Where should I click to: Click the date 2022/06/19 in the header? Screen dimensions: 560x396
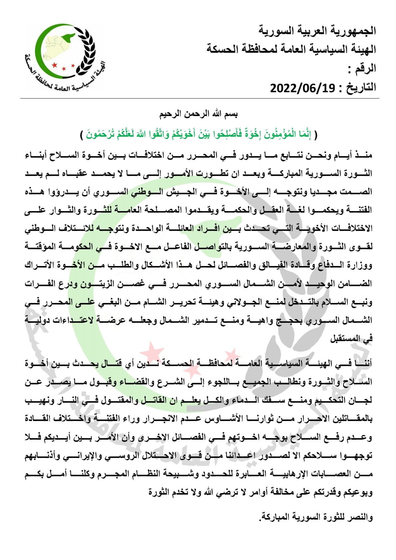tap(302, 88)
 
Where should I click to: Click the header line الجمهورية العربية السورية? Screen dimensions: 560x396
tap(317, 31)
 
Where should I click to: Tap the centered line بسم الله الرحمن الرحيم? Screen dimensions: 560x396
tap(199, 114)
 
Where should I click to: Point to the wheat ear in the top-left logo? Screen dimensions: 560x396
tap(87, 50)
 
